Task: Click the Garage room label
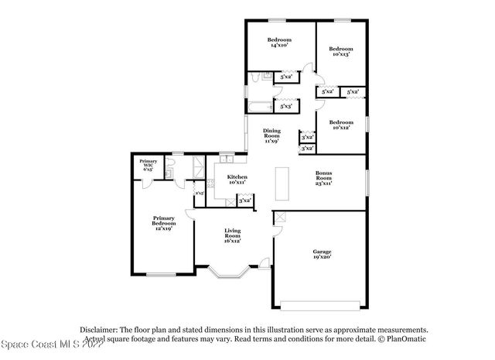[322, 255]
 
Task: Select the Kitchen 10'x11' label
[237, 180]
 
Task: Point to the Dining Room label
[271, 136]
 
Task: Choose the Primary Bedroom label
[163, 222]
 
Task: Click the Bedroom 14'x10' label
[279, 43]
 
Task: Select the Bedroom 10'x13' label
[340, 51]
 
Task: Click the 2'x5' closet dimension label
[199, 193]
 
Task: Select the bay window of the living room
[227, 273]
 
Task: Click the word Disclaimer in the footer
[100, 329]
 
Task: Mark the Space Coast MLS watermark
[51, 344]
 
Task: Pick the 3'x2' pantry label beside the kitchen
[246, 201]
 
